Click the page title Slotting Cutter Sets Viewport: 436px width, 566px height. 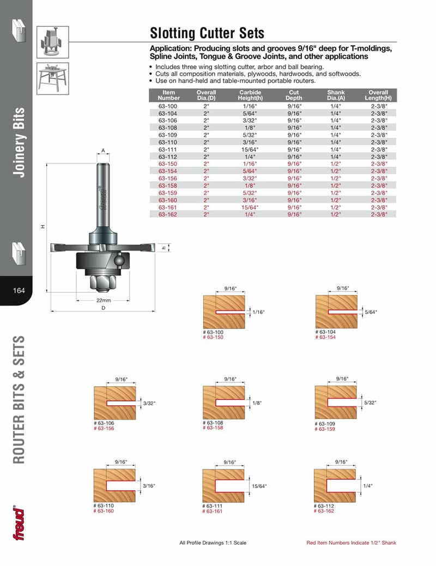point(207,33)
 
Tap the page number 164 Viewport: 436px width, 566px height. point(19,290)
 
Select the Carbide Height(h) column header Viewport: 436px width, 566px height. point(250,95)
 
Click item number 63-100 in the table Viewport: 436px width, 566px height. point(168,106)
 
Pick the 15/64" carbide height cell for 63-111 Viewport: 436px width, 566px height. point(250,149)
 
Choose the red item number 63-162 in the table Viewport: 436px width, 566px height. point(168,215)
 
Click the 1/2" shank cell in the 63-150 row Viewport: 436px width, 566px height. point(336,163)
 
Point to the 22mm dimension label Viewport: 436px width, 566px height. point(104,300)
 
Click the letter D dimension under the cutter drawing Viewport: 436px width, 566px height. point(104,308)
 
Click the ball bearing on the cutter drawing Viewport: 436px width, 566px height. point(119,261)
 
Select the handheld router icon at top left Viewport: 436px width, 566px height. point(53,41)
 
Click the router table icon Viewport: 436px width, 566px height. point(53,79)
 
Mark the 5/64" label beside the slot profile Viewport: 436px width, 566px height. point(371,312)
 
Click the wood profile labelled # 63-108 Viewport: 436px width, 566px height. point(223,403)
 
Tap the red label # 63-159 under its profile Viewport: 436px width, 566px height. point(325,429)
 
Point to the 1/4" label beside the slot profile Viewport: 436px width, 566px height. point(369,485)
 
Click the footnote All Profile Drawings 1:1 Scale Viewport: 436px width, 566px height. point(213,543)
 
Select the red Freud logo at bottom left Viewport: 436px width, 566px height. point(19,523)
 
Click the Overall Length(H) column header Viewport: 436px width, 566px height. point(378,95)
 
